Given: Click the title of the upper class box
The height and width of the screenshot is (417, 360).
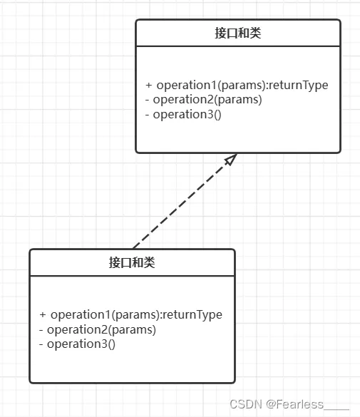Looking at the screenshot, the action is click(x=238, y=34).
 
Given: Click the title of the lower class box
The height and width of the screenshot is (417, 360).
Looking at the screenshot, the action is click(x=132, y=263).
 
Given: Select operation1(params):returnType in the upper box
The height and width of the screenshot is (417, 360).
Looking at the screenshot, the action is click(x=242, y=86).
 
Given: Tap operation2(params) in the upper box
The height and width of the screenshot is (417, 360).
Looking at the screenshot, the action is click(x=207, y=100).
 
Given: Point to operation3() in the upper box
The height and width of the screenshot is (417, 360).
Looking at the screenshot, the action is click(x=187, y=114).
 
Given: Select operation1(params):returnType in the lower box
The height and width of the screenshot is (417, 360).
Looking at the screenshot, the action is click(x=136, y=315).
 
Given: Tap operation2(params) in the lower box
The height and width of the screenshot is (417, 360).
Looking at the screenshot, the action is click(x=101, y=330).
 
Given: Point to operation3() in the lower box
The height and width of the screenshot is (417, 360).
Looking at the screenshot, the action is click(x=81, y=344).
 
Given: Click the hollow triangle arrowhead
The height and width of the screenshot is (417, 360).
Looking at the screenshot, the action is click(x=230, y=159).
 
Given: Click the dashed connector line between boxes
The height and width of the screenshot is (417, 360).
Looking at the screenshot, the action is click(x=185, y=201).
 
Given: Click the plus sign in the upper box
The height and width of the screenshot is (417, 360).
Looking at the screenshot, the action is click(x=148, y=85).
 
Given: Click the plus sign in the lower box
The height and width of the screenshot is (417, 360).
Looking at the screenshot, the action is click(x=43, y=314).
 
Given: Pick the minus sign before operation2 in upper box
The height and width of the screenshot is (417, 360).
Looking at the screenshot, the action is click(x=148, y=100).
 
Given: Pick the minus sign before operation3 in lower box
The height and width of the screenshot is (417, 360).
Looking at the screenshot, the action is click(x=41, y=344).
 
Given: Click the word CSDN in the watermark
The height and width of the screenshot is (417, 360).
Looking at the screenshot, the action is click(x=246, y=404).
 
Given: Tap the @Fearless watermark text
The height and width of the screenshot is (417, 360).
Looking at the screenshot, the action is click(x=294, y=404).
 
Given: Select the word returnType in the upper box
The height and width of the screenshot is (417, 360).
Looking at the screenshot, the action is click(x=299, y=86).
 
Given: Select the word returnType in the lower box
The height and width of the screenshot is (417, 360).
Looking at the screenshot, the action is click(x=192, y=315).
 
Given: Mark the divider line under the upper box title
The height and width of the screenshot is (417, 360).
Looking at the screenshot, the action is click(x=238, y=46).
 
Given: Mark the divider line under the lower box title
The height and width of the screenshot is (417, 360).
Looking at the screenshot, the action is click(x=132, y=276).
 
